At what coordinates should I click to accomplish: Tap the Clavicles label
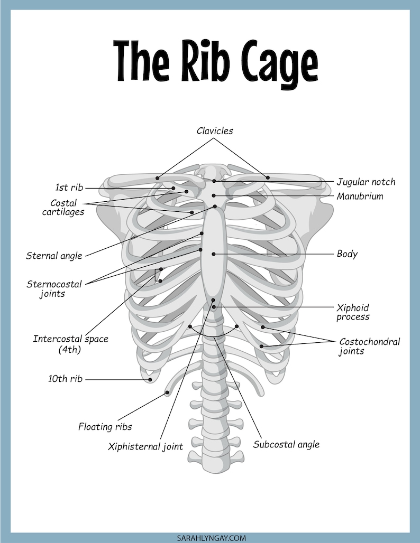click(x=215, y=131)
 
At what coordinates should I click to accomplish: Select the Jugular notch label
click(x=366, y=182)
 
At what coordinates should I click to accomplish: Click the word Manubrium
click(x=360, y=196)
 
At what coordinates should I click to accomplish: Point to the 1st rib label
click(x=69, y=188)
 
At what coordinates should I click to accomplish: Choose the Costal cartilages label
click(x=63, y=207)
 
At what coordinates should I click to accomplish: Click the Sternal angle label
click(x=54, y=256)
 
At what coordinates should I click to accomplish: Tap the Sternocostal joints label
click(x=54, y=289)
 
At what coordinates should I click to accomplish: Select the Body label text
click(x=347, y=254)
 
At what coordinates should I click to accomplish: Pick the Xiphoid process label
click(x=353, y=312)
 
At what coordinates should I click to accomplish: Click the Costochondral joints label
click(x=369, y=347)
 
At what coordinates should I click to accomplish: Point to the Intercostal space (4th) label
click(x=70, y=344)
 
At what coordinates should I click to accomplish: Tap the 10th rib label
click(x=65, y=379)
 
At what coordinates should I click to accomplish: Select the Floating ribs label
click(x=105, y=427)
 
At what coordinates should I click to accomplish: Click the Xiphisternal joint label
click(x=145, y=447)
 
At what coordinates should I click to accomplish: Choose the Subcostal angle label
click(x=286, y=445)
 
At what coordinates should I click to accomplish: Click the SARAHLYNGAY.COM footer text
click(x=211, y=538)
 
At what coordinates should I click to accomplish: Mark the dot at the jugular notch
click(x=214, y=181)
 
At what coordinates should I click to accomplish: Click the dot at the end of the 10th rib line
click(x=150, y=380)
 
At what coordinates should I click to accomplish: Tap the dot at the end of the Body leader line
click(x=214, y=254)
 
